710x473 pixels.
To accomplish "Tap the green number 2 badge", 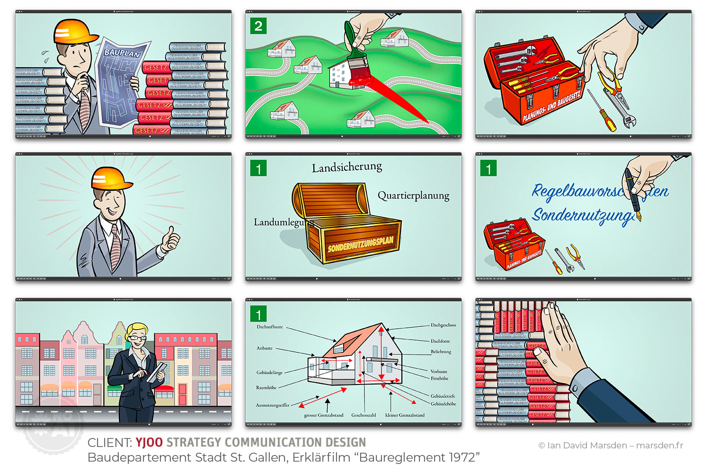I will tap(258, 26).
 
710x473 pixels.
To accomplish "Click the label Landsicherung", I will tap(347, 167).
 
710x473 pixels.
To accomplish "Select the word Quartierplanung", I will tap(413, 195).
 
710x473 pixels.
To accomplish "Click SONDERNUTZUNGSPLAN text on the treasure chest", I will tap(361, 244).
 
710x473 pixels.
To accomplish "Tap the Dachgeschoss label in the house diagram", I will tap(443, 325).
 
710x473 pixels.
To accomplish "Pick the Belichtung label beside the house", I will tap(441, 351).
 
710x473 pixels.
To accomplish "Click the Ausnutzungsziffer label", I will tap(273, 405).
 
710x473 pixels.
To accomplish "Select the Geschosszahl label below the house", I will tap(364, 415).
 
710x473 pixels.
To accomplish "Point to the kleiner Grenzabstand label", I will tap(405, 415).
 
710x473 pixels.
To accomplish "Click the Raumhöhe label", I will tap(266, 387).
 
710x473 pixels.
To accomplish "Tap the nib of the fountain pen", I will tap(639, 217).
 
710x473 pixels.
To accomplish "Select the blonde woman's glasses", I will tap(137, 338).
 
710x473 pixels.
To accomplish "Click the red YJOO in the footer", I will tap(149, 442).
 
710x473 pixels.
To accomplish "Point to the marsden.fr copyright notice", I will tap(611, 445).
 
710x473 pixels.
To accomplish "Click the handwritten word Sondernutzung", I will tap(582, 215).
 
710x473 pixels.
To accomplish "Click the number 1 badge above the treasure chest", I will tap(258, 168).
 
